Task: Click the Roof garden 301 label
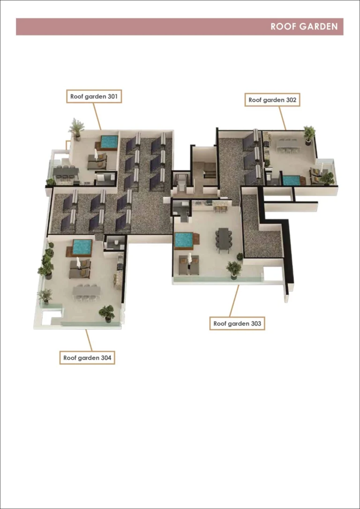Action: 93,97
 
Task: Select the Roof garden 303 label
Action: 237,323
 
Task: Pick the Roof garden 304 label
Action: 87,358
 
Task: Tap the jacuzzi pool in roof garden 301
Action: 109,141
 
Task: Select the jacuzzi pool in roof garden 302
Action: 291,180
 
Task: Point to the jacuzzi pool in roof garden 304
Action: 82,247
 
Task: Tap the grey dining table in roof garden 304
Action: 86,291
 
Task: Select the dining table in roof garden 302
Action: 288,145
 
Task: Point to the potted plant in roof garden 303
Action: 233,269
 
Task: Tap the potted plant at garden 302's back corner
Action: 309,133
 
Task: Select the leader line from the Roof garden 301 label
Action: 97,116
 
